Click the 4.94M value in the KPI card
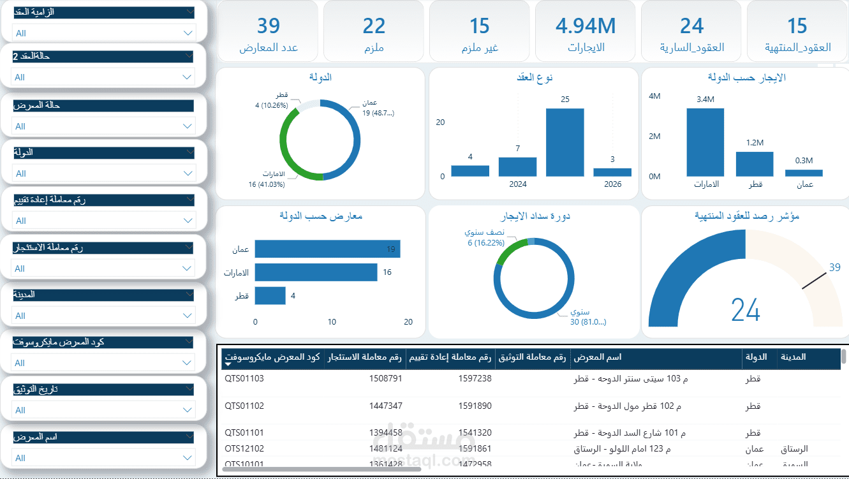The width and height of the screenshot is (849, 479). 586,26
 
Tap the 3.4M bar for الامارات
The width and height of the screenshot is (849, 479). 705,142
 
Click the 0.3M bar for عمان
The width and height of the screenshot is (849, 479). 804,173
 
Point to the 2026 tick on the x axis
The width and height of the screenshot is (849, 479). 612,184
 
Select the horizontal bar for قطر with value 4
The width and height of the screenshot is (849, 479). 270,296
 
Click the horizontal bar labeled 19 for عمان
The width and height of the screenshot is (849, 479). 327,249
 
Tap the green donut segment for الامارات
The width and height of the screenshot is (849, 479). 285,144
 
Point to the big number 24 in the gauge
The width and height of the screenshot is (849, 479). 746,310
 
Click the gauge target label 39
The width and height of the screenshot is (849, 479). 834,268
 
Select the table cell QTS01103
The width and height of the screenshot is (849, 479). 244,378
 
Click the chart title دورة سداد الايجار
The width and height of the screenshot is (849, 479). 533,216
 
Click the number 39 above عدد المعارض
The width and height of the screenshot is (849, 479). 269,26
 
